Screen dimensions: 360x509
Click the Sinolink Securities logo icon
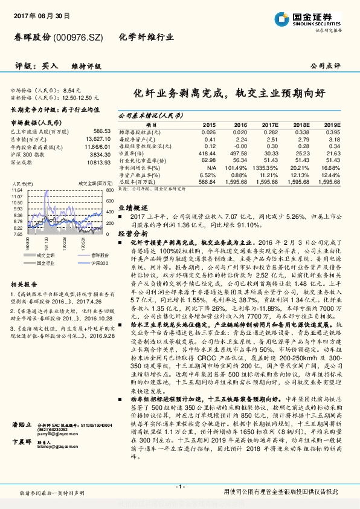pyautogui.click(x=283, y=18)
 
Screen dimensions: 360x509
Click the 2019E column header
pyautogui.click(x=332, y=123)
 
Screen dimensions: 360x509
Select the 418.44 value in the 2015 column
pyautogui.click(x=207, y=154)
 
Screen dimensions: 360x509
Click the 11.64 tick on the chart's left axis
pyautogui.click(x=16, y=190)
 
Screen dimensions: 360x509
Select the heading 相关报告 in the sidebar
pyautogui.click(x=25, y=284)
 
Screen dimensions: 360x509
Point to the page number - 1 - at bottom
pyautogui.click(x=179, y=487)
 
